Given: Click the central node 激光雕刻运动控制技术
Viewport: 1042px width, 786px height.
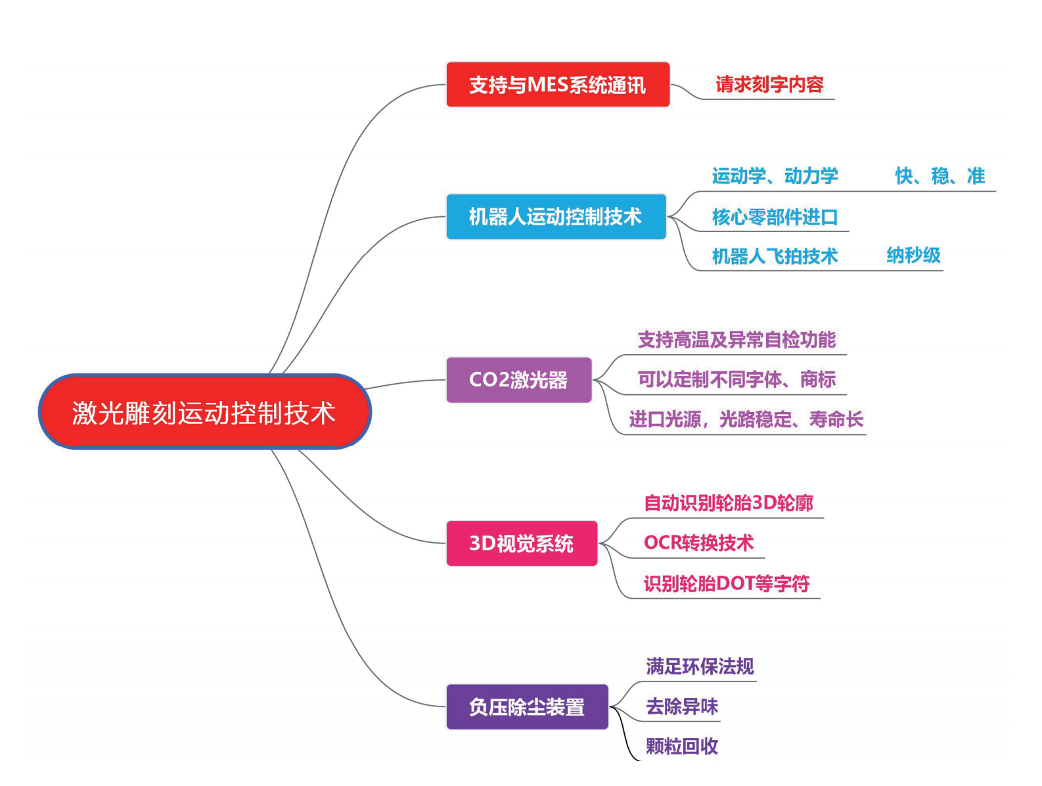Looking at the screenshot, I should click(204, 413).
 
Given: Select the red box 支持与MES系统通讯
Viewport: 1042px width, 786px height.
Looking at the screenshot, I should click(558, 85).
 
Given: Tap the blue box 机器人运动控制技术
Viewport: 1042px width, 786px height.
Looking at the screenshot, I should click(556, 216).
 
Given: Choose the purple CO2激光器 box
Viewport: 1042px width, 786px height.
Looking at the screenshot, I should click(518, 380).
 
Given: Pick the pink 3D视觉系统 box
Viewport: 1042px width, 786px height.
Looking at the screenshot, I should click(522, 543).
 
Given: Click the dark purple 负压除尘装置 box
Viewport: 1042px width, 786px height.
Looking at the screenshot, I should click(527, 707).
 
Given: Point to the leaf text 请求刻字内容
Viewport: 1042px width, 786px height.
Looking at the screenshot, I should click(769, 85).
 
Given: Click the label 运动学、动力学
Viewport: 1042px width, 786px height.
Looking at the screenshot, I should click(775, 176).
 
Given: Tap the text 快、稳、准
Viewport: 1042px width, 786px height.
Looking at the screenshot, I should click(940, 176).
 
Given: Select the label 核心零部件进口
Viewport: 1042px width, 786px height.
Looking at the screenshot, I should click(775, 217).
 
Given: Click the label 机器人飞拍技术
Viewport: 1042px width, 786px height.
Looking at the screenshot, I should click(775, 256).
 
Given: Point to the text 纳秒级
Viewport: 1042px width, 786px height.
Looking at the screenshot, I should click(913, 255).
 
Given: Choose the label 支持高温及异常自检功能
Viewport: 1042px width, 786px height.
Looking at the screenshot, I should click(736, 340).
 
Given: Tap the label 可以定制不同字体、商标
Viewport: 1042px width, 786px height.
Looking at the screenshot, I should click(736, 379).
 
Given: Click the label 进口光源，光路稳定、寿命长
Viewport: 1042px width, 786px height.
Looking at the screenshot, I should click(746, 419).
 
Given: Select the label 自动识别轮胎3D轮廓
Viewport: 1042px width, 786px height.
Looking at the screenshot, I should click(728, 503).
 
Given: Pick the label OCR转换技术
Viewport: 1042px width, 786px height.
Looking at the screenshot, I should click(698, 543).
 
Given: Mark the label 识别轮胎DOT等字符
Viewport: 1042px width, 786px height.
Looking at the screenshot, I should click(726, 584).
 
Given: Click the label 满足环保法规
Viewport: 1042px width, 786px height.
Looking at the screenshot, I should click(700, 666).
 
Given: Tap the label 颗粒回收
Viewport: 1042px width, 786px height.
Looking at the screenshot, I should click(682, 747).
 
